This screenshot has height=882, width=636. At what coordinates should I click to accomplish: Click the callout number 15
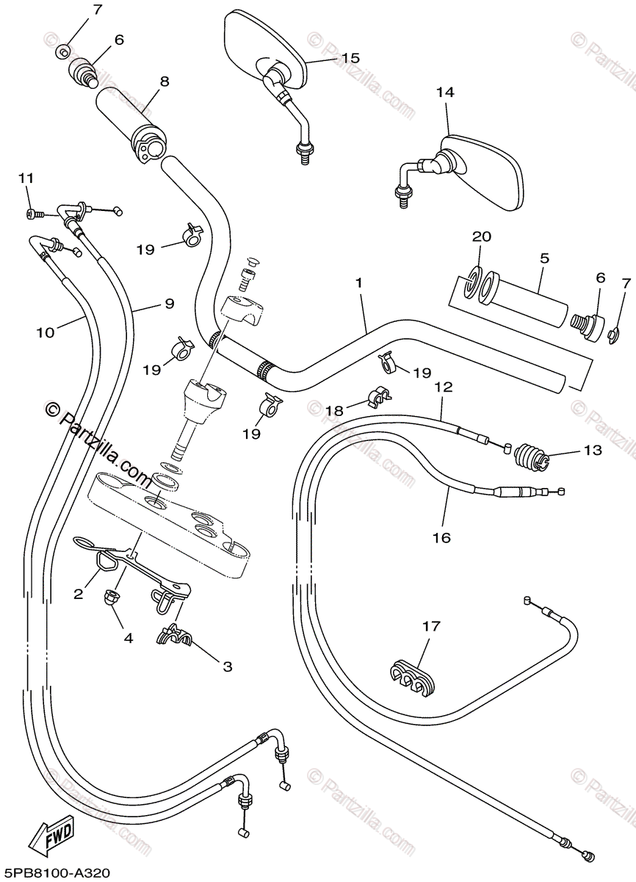350,58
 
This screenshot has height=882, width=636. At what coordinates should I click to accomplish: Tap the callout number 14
445,93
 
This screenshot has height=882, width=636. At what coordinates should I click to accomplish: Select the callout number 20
480,237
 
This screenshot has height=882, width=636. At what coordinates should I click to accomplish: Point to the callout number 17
431,626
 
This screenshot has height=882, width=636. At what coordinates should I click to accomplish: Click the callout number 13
592,450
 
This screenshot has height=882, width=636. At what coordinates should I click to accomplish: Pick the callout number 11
26,179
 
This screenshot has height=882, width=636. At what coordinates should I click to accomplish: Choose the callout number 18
334,411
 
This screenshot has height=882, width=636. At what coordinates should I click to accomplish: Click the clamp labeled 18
379,396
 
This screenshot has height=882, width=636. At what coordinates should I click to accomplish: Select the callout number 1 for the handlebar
360,282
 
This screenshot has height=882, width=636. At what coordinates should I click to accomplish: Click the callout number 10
46,332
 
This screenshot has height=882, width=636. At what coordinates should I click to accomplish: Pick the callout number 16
441,537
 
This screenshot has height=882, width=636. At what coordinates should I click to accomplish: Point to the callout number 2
77,595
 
